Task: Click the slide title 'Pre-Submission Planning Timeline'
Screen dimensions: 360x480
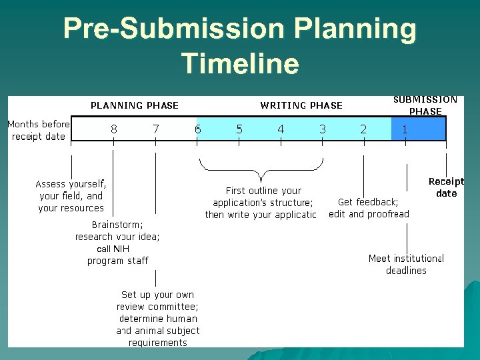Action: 240,46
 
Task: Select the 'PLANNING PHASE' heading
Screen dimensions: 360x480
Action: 135,105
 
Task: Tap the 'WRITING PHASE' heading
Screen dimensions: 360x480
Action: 301,105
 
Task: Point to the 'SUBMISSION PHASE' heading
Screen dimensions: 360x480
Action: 425,105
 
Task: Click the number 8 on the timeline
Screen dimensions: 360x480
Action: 114,129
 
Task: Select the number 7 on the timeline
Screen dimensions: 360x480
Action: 156,129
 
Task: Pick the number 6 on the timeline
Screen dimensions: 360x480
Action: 197,129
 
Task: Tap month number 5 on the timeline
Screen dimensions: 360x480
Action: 239,129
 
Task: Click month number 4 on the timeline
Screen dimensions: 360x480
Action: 281,129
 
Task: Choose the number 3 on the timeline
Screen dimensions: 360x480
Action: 323,129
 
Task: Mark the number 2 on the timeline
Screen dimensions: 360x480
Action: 363,129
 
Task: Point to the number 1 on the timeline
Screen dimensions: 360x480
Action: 405,129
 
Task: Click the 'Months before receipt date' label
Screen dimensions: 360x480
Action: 39,130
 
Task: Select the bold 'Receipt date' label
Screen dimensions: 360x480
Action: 446,187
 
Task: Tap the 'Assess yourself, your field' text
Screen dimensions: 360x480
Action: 71,195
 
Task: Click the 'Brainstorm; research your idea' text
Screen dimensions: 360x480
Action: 117,243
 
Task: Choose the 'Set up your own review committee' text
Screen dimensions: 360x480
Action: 158,318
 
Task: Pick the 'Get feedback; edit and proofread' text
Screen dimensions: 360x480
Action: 369,208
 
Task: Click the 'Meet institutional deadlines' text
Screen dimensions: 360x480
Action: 406,264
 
